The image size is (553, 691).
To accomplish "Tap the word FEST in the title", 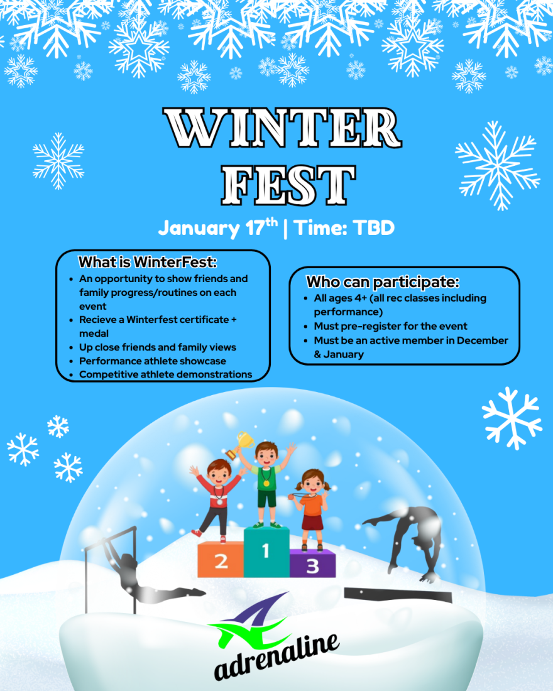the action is point(288,185).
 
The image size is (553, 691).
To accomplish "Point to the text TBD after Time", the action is point(374,228).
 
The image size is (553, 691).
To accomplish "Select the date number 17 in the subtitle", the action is point(255,228).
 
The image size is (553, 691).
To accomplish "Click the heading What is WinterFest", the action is point(148,262).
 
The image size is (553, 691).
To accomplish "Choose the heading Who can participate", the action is point(383,281).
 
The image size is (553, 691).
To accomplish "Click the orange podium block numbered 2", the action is point(221,559).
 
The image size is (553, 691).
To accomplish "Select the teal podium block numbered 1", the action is point(266,552).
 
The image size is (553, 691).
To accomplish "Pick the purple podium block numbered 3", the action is point(313,563).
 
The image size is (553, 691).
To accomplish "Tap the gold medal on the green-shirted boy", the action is point(266,483).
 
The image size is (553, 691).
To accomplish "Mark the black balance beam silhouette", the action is point(398,595).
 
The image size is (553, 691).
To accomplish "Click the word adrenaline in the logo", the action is point(277,656).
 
